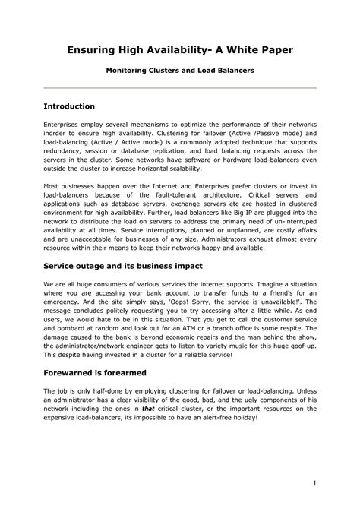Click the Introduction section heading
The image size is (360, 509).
69,106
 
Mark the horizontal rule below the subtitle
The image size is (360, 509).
179,87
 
